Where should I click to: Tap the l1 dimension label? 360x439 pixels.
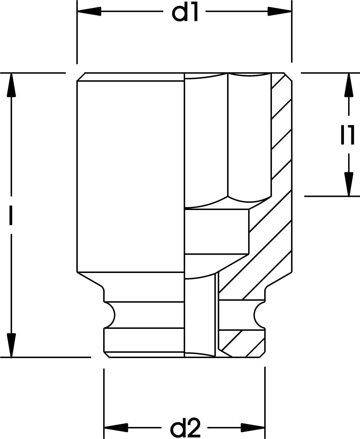347,135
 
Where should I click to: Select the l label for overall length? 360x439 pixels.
11,215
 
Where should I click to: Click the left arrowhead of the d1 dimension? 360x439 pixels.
89,11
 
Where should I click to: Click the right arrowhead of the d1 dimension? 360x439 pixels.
280,11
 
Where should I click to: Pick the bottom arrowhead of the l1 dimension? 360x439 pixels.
349,184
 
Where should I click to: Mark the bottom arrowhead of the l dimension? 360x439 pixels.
11,345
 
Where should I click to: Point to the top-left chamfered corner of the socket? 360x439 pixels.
81,77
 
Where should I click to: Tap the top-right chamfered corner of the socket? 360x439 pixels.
288,77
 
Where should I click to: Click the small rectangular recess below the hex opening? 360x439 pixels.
217,232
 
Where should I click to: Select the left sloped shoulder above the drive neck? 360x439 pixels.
90,279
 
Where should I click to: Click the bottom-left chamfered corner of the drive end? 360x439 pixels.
107,355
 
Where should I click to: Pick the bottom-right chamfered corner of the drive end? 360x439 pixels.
262,355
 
